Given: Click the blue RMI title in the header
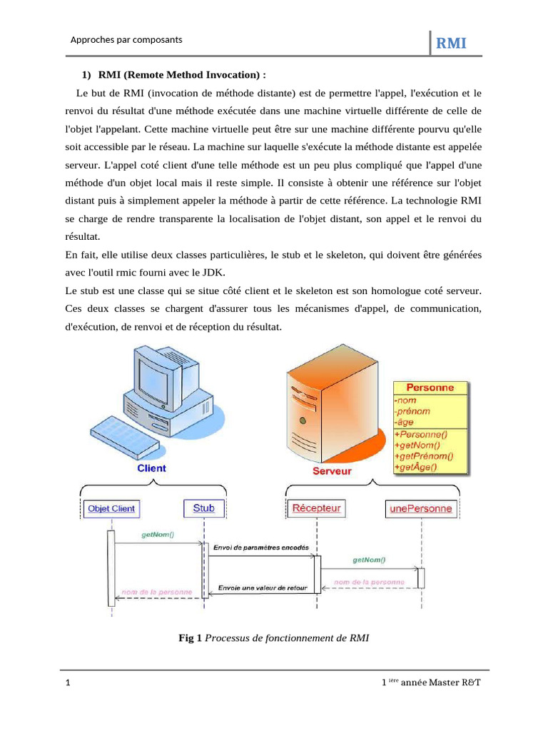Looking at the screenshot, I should (x=451, y=44).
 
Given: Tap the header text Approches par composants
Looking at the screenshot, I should (x=126, y=40).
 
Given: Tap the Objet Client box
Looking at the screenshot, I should (x=111, y=509).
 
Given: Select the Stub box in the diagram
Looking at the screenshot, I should (x=203, y=508).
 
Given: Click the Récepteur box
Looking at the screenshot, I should (x=316, y=508).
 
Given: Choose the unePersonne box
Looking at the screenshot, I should (x=420, y=509).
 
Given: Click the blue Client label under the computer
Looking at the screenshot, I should (x=151, y=468).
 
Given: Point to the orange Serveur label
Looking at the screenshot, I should (x=333, y=472).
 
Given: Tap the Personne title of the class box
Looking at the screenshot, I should (x=430, y=388).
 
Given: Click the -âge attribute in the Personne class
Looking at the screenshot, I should (x=405, y=422).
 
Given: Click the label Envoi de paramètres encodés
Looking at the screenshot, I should (x=260, y=547).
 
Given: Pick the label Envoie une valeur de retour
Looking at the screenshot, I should (x=262, y=588).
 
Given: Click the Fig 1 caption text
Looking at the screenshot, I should (x=273, y=637).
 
